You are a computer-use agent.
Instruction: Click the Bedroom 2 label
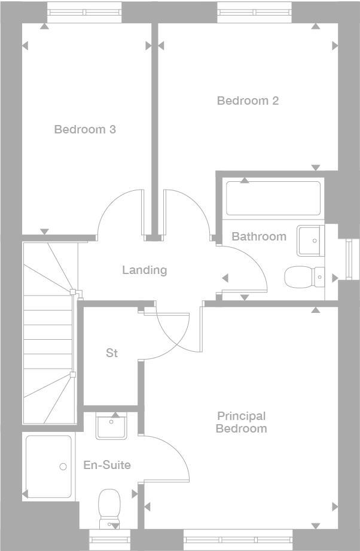pyautogui.click(x=248, y=101)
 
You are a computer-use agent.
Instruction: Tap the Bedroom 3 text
pyautogui.click(x=85, y=129)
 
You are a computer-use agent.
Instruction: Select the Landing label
pyautogui.click(x=144, y=270)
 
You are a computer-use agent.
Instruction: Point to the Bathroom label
pyautogui.click(x=259, y=236)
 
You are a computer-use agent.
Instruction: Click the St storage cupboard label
pyautogui.click(x=112, y=353)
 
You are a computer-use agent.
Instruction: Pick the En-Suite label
pyautogui.click(x=107, y=465)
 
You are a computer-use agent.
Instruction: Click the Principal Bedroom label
pyautogui.click(x=241, y=422)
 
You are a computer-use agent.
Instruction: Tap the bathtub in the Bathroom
pyautogui.click(x=273, y=198)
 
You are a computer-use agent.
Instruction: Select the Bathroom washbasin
pyautogui.click(x=310, y=241)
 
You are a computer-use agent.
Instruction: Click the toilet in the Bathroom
pyautogui.click(x=304, y=277)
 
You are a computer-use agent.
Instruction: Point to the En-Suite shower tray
pyautogui.click(x=48, y=467)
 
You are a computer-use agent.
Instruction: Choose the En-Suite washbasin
pyautogui.click(x=111, y=426)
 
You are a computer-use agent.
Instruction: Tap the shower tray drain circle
pyautogui.click(x=63, y=467)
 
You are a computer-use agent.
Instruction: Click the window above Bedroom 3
pyautogui.click(x=85, y=13)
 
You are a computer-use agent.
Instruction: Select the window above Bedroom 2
pyautogui.click(x=255, y=13)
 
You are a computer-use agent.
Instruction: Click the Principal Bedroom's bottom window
pyautogui.click(x=238, y=540)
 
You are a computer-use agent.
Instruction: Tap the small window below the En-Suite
pyautogui.click(x=109, y=540)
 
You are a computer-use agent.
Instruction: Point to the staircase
pyautogui.click(x=49, y=333)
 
